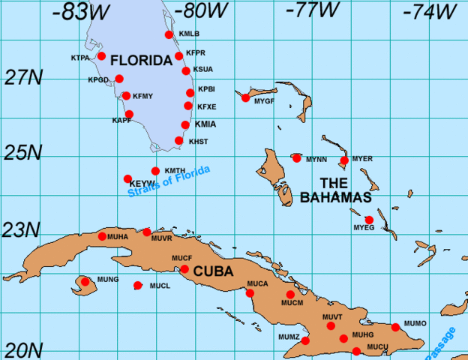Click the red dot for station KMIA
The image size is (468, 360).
click(185, 125)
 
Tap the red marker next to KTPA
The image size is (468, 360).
click(101, 56)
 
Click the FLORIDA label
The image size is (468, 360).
click(142, 60)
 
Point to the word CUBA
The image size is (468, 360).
click(213, 271)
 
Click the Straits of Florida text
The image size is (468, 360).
click(169, 181)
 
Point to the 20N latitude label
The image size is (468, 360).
click(20, 349)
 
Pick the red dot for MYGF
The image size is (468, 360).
click(245, 97)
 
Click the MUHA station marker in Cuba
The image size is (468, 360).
click(103, 237)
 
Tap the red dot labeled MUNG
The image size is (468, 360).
click(85, 282)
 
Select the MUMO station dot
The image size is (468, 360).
click(395, 327)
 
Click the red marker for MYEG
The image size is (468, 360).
click(369, 220)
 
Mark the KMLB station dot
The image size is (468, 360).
click(169, 34)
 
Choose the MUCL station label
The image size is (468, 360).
click(160, 286)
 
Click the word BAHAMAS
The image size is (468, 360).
click(336, 197)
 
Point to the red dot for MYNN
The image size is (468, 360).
click(297, 157)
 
